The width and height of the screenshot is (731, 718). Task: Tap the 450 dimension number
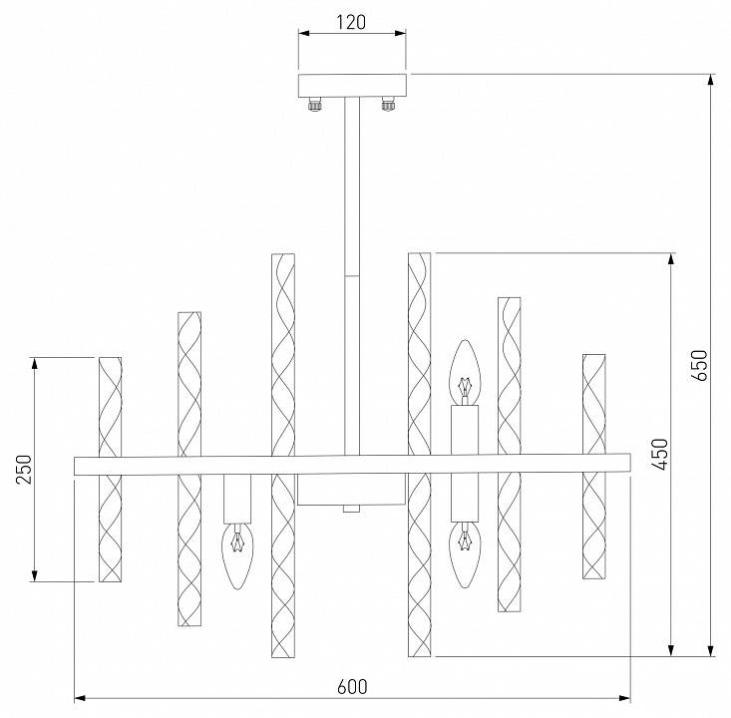(x=659, y=455)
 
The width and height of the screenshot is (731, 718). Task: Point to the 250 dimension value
(x=24, y=469)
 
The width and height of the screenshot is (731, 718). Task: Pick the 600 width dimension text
(x=352, y=686)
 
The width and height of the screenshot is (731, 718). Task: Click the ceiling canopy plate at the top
(x=353, y=84)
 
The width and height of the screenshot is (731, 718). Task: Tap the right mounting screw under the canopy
(x=388, y=103)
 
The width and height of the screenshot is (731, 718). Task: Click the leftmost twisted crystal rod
(x=110, y=469)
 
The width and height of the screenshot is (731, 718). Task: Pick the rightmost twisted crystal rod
(x=594, y=466)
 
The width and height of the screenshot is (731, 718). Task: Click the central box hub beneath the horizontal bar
(x=350, y=490)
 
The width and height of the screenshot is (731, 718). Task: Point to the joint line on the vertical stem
(x=352, y=274)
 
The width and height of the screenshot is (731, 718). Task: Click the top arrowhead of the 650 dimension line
(x=710, y=80)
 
